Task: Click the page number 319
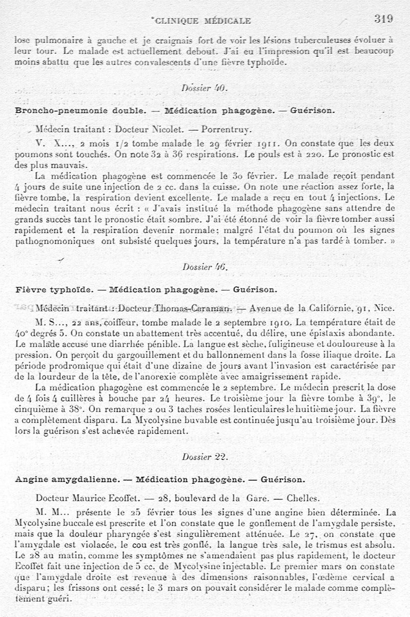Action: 383,19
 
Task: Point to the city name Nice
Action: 384,308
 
